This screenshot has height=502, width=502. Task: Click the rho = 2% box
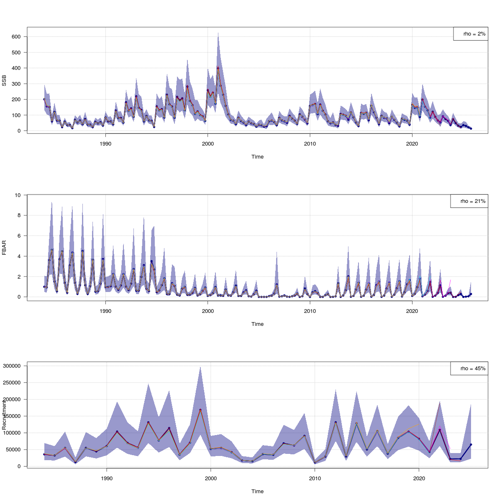tap(471, 34)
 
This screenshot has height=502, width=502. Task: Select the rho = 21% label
tap(469, 201)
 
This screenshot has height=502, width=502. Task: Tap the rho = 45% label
tap(469, 369)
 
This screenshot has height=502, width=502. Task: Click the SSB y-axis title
tap(4, 80)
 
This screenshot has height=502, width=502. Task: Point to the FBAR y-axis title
tap(4, 247)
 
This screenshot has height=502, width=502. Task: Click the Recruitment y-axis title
tap(4, 415)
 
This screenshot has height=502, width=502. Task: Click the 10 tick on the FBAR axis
tap(18, 195)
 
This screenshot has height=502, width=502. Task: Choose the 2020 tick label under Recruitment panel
tap(419, 478)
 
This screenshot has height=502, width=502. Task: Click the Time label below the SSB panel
tap(257, 157)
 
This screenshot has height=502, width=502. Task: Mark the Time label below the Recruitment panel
tap(257, 492)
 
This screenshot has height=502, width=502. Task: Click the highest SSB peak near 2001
tap(218, 68)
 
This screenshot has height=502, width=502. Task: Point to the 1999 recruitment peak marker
tap(200, 410)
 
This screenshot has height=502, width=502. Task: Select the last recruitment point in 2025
tap(471, 445)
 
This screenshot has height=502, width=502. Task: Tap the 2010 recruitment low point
tap(315, 463)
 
